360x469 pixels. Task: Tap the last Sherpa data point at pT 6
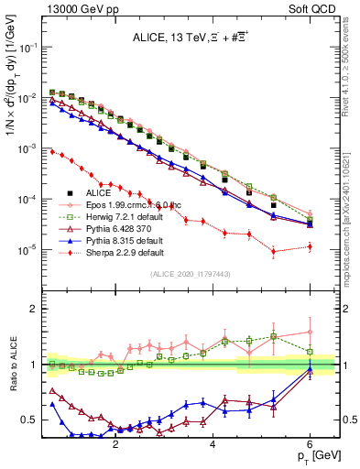pyautogui.click(x=310, y=246)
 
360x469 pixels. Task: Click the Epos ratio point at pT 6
pyautogui.click(x=310, y=332)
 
